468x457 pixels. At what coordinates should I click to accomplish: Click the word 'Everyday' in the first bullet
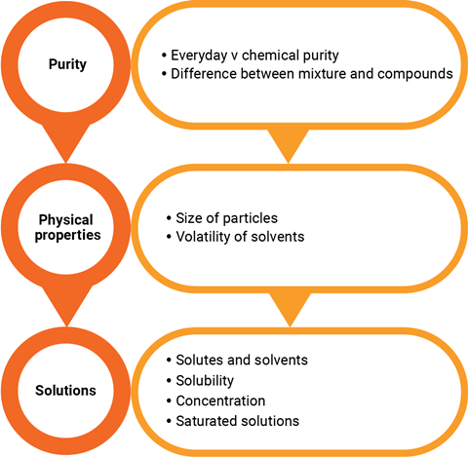198,54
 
